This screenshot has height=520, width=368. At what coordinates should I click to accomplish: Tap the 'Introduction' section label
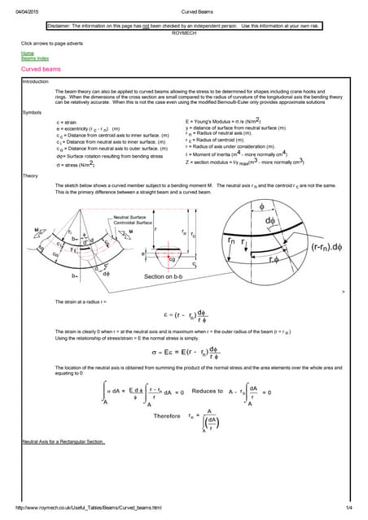coord(35,81)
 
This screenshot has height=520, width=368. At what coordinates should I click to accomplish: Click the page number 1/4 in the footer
coord(348,508)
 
